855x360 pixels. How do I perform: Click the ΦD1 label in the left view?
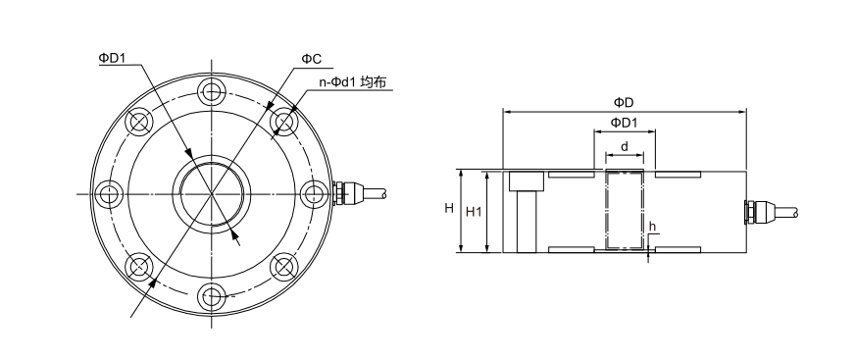click(112, 57)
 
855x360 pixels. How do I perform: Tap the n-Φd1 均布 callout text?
click(352, 82)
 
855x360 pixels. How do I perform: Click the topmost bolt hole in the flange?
click(212, 91)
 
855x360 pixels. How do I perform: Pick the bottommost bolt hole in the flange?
click(212, 296)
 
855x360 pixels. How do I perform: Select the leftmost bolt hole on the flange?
click(109, 193)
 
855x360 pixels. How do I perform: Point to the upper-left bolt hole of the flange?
click(139, 121)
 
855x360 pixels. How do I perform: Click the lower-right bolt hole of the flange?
click(284, 266)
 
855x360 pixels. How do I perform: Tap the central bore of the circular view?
click(212, 193)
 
